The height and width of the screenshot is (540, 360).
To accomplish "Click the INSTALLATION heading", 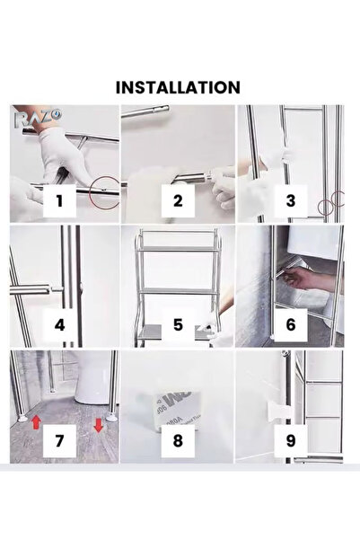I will coord(177,87).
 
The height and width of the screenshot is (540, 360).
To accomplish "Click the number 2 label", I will coord(177,200).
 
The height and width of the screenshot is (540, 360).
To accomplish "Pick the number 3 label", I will coord(290,200).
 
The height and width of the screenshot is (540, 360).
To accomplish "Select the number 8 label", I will coord(177,441).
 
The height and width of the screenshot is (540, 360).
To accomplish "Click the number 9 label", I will coord(290,441).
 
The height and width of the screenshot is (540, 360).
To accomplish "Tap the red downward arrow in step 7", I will coord(98,425).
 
